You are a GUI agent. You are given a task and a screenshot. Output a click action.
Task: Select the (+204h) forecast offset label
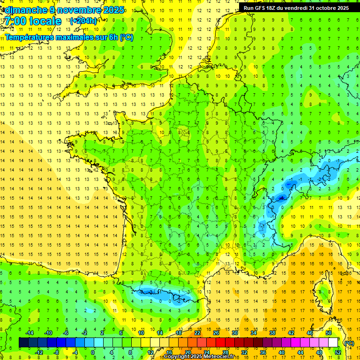(83, 21)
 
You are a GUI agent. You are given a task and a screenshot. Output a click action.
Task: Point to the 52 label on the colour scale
(337, 352)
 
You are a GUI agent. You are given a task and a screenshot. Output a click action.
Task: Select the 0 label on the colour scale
(93, 352)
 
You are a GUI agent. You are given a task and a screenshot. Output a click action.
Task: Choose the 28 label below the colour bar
(225, 352)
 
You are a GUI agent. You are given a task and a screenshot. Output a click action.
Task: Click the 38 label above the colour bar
(272, 333)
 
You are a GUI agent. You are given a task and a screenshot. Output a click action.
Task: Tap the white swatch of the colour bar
(333, 343)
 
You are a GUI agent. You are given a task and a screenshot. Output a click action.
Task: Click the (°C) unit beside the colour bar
(349, 343)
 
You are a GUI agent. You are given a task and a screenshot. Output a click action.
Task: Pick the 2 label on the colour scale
(102, 333)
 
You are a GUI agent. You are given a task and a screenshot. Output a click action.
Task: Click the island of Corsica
(323, 292)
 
